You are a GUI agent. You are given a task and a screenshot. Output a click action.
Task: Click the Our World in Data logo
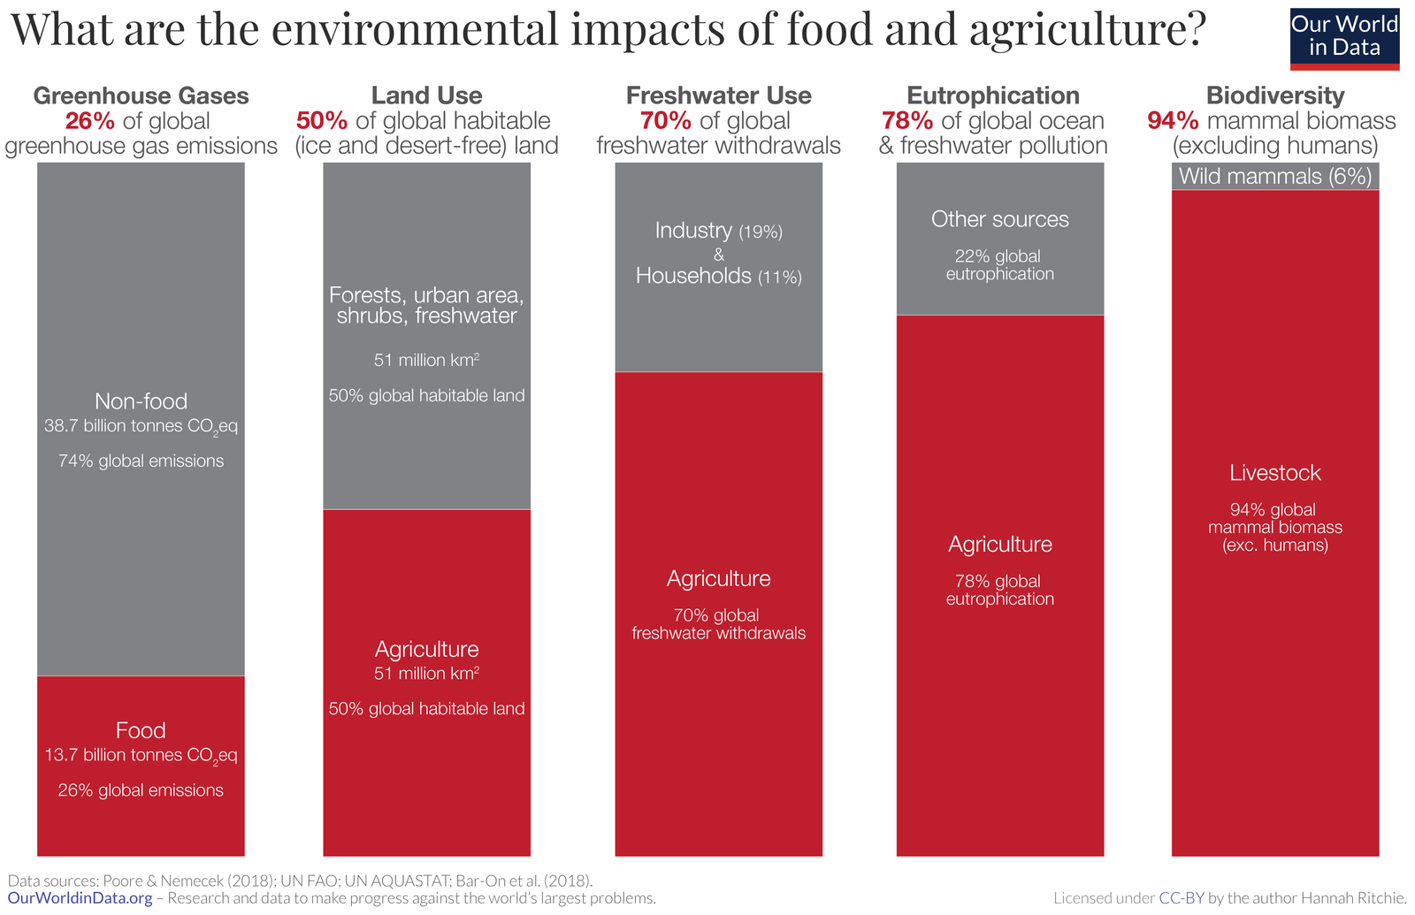[1344, 37]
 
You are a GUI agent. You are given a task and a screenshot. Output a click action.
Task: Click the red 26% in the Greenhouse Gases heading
[89, 121]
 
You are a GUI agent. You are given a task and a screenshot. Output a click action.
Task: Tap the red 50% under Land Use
[322, 121]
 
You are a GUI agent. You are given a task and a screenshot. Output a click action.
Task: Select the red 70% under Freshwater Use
[665, 121]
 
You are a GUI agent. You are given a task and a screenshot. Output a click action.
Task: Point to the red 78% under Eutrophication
[906, 121]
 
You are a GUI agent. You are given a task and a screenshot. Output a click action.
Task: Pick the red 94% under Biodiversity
[1173, 121]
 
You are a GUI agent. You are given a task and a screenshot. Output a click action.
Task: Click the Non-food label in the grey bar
[141, 401]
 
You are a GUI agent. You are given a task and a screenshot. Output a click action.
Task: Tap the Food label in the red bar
[141, 730]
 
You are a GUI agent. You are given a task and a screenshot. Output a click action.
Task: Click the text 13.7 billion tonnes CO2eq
[141, 756]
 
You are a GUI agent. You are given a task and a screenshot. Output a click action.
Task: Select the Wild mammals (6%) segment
[1274, 176]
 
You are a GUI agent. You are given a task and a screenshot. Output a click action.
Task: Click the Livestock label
[1274, 473]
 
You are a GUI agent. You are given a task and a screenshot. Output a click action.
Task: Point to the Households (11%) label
[718, 277]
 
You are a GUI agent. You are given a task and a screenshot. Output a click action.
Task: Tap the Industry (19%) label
[718, 231]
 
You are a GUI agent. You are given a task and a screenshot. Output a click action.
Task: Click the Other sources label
[999, 219]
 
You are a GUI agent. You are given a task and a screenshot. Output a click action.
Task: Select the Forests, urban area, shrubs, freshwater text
[426, 305]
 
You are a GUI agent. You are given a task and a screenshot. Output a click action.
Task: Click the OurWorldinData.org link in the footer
[80, 898]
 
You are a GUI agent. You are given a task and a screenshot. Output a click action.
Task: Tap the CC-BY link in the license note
[1182, 898]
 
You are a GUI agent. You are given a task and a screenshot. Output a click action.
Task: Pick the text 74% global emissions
[141, 461]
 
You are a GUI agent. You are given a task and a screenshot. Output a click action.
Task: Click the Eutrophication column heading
[992, 95]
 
